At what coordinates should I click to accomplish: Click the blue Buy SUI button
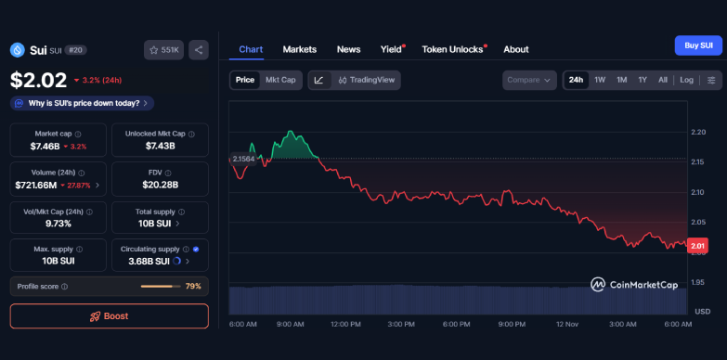(698, 45)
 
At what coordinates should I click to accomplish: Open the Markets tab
(299, 49)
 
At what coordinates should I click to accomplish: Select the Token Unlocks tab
(452, 49)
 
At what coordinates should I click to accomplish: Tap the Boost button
(110, 315)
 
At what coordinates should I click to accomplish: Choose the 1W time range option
(600, 80)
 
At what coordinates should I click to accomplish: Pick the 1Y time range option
(643, 80)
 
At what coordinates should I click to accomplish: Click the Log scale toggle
(686, 80)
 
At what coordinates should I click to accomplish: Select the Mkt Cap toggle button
(280, 80)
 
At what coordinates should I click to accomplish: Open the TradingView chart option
(367, 80)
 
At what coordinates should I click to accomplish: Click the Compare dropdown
(529, 80)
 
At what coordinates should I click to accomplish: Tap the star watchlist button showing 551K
(164, 50)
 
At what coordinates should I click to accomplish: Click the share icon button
(199, 50)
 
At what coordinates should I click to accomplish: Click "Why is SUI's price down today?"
(83, 103)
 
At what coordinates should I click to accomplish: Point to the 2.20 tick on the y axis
(698, 133)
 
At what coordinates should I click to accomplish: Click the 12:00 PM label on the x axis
(345, 324)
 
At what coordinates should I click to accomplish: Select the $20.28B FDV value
(161, 185)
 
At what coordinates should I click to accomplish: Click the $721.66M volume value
(43, 185)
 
